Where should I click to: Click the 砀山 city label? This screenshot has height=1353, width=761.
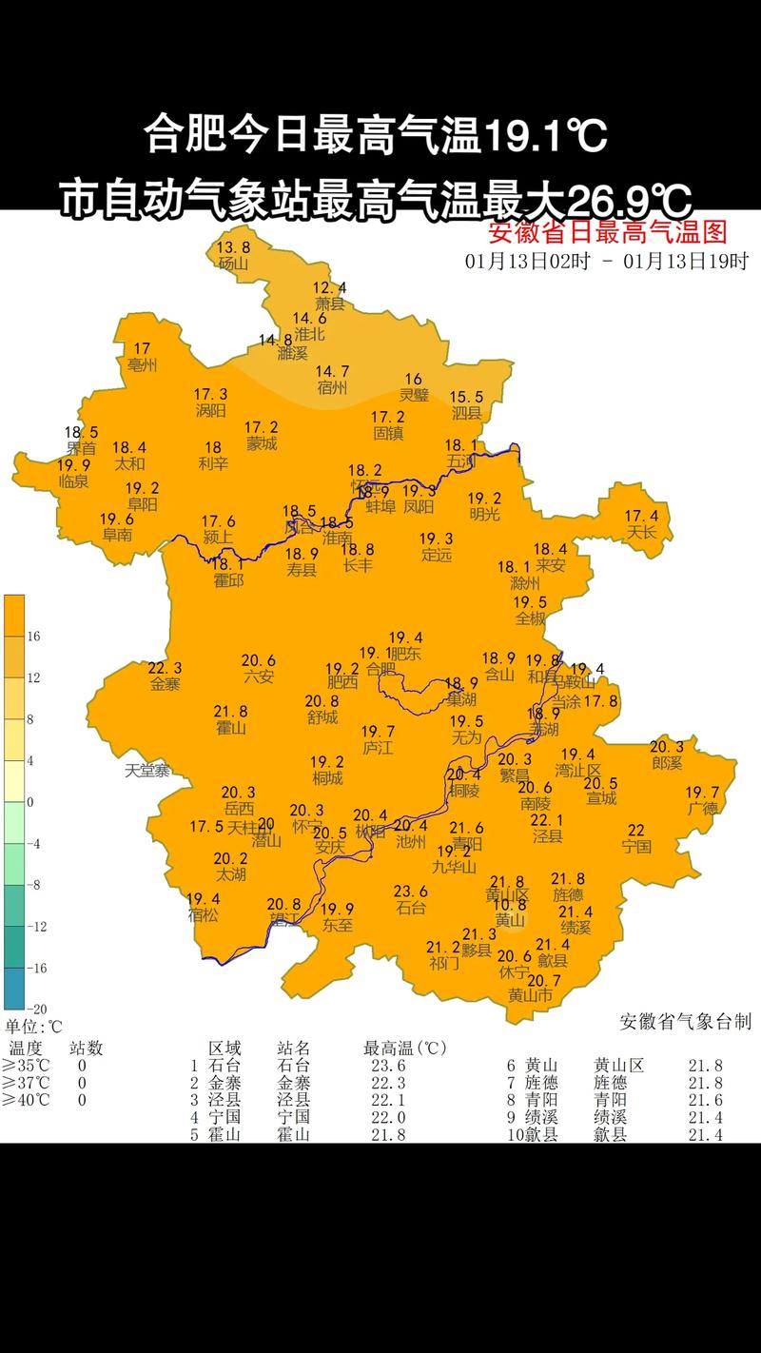click(233, 264)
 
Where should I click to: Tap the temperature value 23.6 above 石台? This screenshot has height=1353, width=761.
click(411, 892)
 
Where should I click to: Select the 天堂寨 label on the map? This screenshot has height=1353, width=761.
click(147, 771)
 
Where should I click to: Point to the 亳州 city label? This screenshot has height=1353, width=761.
click(143, 364)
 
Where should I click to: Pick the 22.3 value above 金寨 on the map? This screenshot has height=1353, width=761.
click(165, 668)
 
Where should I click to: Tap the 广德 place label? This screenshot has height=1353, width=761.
click(703, 809)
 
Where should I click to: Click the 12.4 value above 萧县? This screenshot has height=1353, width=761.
click(330, 287)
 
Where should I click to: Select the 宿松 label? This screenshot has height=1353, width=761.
click(203, 915)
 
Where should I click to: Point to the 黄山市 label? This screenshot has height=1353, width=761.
click(530, 995)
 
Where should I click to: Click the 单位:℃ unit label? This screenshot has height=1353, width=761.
click(33, 1027)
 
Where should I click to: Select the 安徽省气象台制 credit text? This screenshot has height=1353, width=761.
click(685, 1022)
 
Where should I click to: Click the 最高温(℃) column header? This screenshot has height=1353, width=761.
click(404, 1049)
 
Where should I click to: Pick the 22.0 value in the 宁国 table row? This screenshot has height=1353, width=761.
click(388, 1117)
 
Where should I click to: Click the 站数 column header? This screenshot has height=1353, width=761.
click(86, 1049)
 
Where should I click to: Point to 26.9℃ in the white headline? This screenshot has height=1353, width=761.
click(626, 201)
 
